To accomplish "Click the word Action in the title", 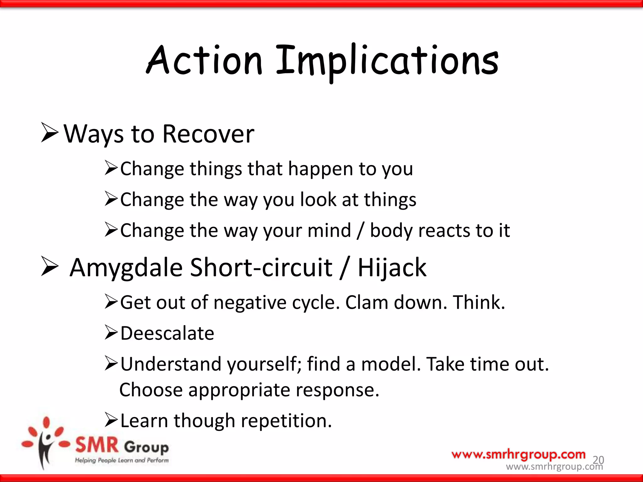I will pyautogui.click(x=204, y=60).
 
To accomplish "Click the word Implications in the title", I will pyautogui.click(x=387, y=61).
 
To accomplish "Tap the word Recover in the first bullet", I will pyautogui.click(x=208, y=134).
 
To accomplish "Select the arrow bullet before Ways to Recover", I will pyautogui.click(x=50, y=133).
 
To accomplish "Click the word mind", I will pyautogui.click(x=329, y=231).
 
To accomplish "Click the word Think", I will pyautogui.click(x=479, y=303).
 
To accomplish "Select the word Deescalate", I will pyautogui.click(x=167, y=333).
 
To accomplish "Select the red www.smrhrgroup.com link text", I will pyautogui.click(x=518, y=454).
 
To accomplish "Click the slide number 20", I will pyautogui.click(x=598, y=460).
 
